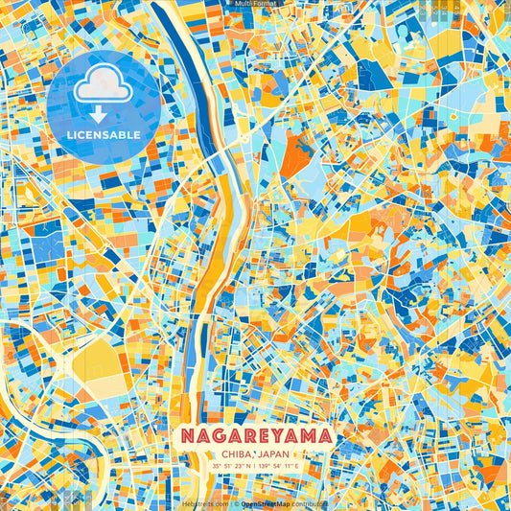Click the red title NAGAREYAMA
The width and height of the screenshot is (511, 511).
click(255, 436)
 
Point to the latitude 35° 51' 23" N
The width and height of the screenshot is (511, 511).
click(230, 466)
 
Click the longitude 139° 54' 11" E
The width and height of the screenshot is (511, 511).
click(280, 466)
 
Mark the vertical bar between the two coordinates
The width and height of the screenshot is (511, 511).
click(255, 466)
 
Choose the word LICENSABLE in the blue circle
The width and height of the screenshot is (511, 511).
click(103, 134)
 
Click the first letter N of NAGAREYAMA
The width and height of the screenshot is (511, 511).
click(186, 436)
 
